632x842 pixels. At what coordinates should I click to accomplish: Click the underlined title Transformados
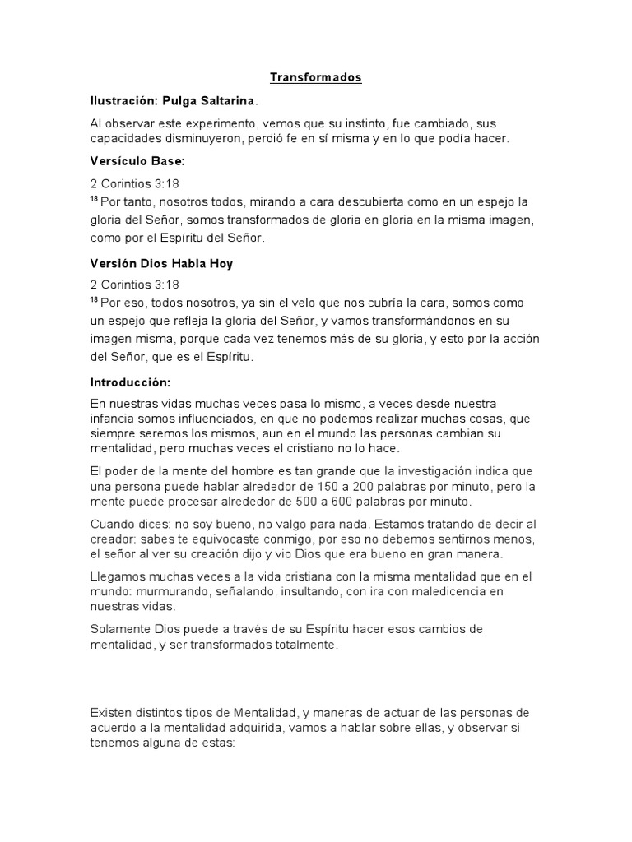pyautogui.click(x=316, y=78)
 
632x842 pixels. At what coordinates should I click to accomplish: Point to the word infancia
pyautogui.click(x=113, y=419)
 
